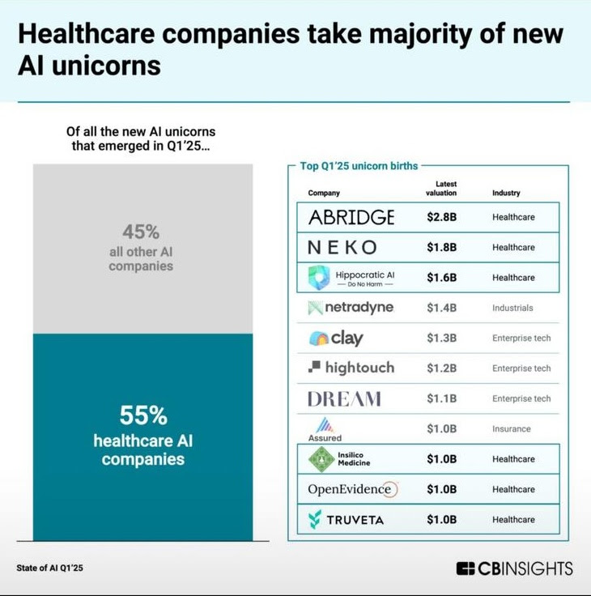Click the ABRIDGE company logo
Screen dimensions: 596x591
coord(351,217)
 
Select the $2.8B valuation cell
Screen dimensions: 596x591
coord(442,217)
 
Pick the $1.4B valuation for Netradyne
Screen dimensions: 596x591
coord(442,308)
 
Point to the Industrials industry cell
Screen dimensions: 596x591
coord(513,308)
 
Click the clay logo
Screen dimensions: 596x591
coord(336,338)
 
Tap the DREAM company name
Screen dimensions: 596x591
coord(344,398)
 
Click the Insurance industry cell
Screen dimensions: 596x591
coord(512,429)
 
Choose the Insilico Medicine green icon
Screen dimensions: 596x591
coord(321,459)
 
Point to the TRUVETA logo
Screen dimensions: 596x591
coord(346,519)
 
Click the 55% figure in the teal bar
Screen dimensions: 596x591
coord(143,415)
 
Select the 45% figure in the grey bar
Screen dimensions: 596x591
coord(141,232)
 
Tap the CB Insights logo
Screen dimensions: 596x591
coord(514,568)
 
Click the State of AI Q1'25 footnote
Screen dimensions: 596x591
coord(49,568)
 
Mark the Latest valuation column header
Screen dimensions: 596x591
coord(441,189)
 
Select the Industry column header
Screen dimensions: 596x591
coord(506,193)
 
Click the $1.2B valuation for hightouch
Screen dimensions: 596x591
coord(442,368)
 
